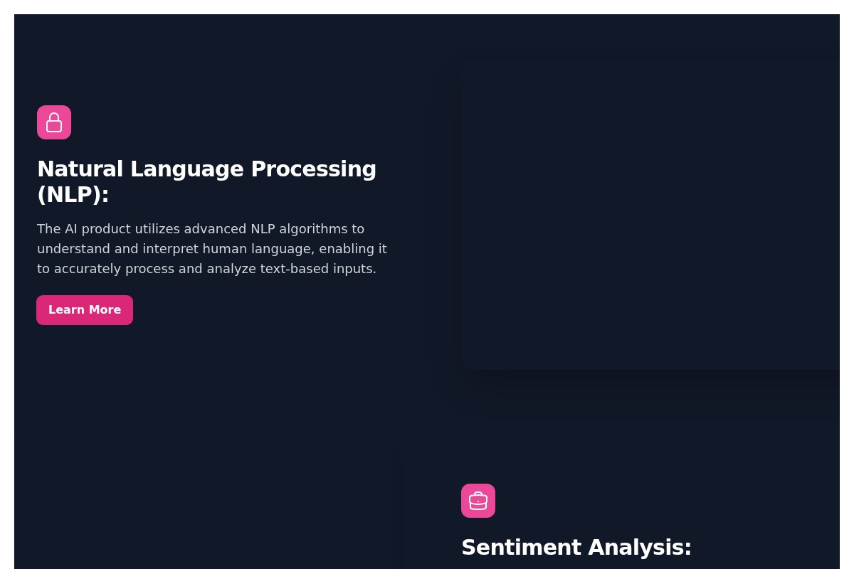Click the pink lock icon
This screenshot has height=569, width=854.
[x=54, y=122]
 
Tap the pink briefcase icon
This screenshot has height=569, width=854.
[x=478, y=501]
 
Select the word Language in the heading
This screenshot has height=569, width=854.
[x=187, y=169]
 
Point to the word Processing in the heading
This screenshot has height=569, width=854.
[x=313, y=169]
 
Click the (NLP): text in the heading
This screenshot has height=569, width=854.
[x=73, y=195]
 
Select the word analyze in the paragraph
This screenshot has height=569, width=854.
[x=231, y=269]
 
